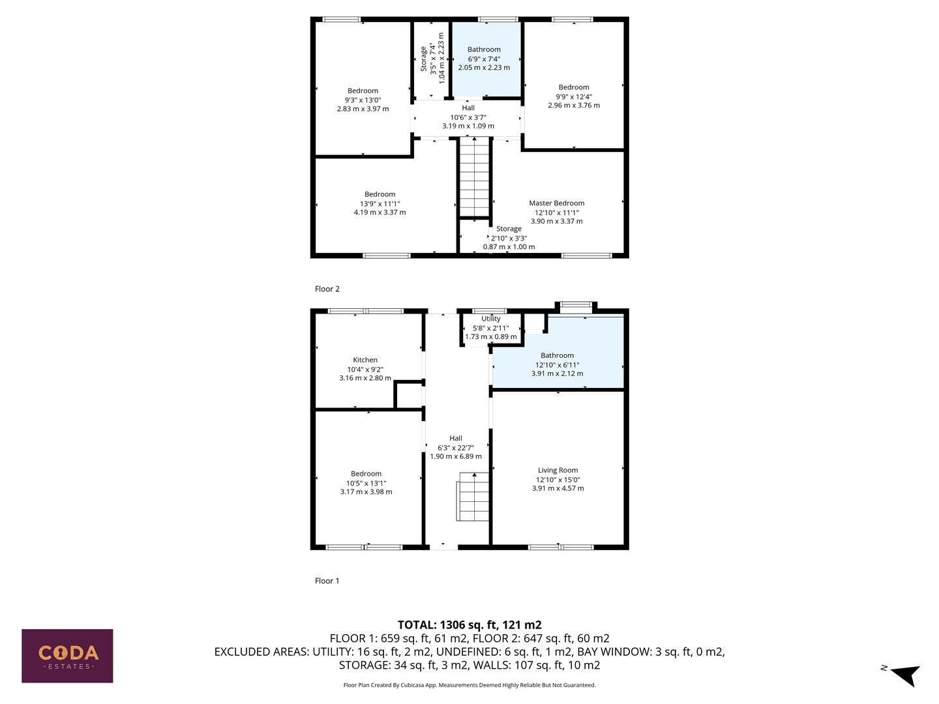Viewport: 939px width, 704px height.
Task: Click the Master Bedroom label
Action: tap(556, 203)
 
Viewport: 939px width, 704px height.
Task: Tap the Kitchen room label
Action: tap(365, 360)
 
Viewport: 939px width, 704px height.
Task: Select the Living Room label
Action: tap(558, 470)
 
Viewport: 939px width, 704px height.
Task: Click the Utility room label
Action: tap(491, 319)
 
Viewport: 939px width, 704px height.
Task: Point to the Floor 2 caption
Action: tap(327, 289)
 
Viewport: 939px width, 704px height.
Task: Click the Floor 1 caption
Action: tap(327, 581)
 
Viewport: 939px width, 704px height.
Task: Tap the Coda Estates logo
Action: tap(67, 656)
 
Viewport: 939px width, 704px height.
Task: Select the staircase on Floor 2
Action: tap(474, 176)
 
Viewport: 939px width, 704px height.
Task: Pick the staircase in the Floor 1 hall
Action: tap(473, 499)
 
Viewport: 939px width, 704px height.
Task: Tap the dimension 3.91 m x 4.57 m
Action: tap(558, 488)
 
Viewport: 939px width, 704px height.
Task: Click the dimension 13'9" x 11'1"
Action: tap(380, 203)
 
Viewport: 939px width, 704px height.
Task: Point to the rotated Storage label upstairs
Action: tap(424, 59)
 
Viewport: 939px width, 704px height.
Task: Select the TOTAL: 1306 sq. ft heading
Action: tap(469, 624)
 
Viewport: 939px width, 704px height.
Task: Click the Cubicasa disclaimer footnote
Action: tap(469, 685)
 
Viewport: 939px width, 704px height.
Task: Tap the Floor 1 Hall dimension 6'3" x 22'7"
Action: tap(456, 448)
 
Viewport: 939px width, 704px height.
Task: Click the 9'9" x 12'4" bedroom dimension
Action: tap(574, 96)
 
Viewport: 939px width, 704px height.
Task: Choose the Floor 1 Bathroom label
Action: tap(557, 356)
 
